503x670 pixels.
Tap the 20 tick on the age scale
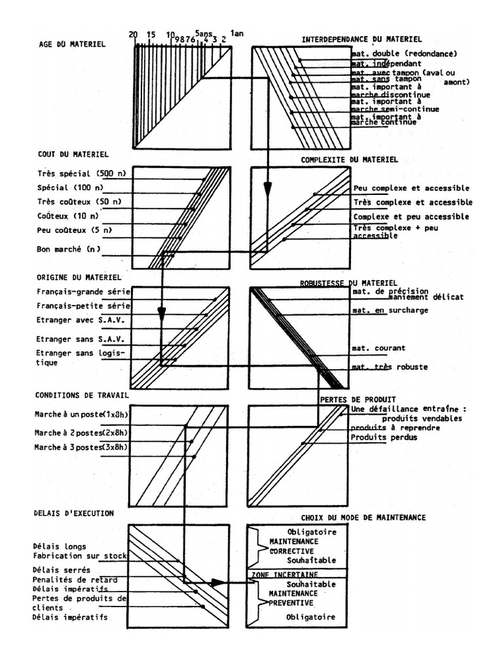[134, 35]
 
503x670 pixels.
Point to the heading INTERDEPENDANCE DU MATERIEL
[362, 40]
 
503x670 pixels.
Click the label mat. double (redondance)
[403, 54]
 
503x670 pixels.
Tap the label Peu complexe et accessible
[411, 188]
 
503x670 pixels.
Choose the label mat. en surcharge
[390, 310]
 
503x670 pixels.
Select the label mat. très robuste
[389, 367]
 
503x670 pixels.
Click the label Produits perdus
[383, 437]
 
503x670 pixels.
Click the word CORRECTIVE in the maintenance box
[292, 551]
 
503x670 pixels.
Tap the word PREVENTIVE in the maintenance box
[291, 603]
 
